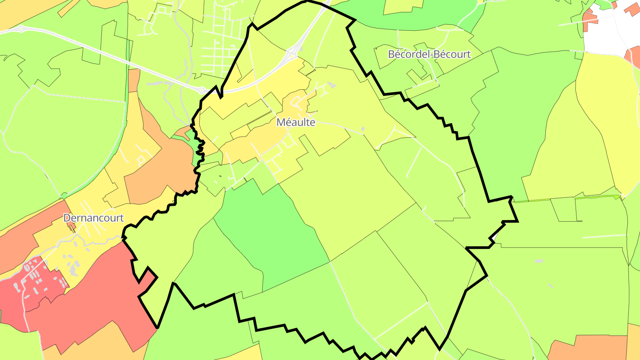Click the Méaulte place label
pyautogui.click(x=296, y=122)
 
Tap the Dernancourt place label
pyautogui.click(x=93, y=218)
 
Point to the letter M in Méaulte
pyautogui.click(x=280, y=122)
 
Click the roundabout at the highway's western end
pyautogui.click(x=21, y=29)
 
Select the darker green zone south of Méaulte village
pyautogui.click(x=271, y=236)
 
